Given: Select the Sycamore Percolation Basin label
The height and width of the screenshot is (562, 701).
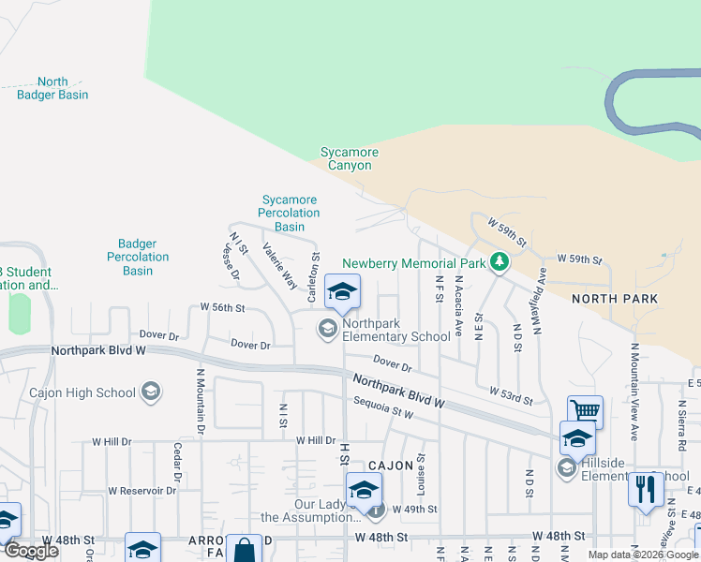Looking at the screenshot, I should pos(290,214).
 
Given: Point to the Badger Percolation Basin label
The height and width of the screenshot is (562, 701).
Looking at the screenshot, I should pos(138,258).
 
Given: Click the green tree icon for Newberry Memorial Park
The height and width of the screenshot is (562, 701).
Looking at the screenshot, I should pos(500,262).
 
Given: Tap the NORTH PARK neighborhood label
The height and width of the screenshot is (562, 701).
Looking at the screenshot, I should pos(614,299).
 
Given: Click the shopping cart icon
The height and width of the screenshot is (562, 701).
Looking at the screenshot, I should pos(585,410).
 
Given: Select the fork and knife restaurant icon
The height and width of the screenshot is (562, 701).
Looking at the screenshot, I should pos(646,489).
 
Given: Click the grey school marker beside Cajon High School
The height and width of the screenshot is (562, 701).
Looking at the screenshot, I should pos(151,392).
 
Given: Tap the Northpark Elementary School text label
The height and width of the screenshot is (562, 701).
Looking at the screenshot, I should pos(395,330).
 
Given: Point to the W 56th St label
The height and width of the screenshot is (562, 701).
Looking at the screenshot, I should pos(222,307).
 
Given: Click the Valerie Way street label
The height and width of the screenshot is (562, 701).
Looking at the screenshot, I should pos(279,266).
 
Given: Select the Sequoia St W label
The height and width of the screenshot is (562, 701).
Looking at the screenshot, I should pos(383,407).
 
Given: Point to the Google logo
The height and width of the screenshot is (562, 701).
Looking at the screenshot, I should pos(32,551).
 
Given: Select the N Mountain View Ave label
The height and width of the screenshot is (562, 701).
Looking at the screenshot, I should pos(634,392).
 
